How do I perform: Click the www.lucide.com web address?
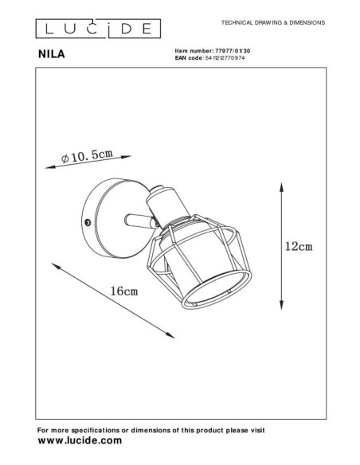coord(80,440)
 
